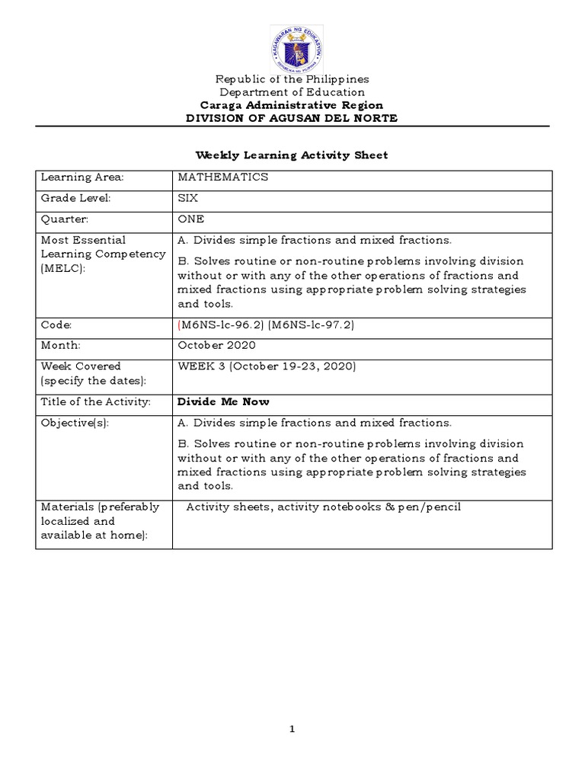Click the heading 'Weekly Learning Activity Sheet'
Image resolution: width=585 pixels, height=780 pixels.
point(292,155)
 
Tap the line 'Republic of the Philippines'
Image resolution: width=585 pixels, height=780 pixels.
point(292,79)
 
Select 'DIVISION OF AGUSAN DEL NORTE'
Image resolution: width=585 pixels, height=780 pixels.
point(292,118)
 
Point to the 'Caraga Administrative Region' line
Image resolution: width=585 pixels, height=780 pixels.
point(292,105)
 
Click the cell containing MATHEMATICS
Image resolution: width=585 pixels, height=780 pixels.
point(222,177)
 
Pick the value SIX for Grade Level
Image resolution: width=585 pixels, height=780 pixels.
point(187,198)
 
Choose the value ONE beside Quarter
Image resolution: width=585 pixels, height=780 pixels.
point(190,219)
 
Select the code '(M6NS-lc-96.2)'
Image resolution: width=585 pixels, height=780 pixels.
point(219,325)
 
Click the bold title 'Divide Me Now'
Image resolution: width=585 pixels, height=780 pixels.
point(223,401)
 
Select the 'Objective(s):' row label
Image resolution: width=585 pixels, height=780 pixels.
point(75,423)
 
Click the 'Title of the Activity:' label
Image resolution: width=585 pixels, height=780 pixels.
point(95,401)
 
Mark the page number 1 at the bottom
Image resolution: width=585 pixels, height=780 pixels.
point(292,729)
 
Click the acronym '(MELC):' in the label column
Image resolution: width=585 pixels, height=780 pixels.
point(64,268)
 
